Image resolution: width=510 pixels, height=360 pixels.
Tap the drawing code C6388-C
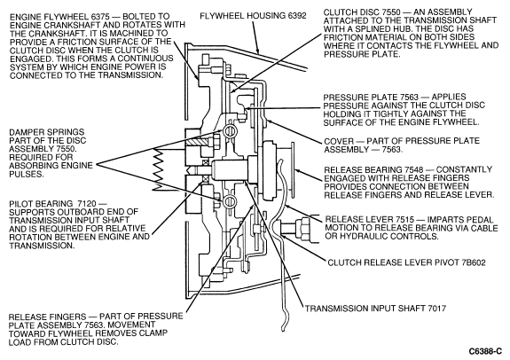pyautogui.click(x=485, y=351)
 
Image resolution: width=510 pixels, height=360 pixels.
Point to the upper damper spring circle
pyautogui.click(x=230, y=130)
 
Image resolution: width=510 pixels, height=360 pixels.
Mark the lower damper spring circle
pyautogui.click(x=230, y=200)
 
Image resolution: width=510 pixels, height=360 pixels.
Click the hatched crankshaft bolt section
pyautogui.click(x=198, y=142)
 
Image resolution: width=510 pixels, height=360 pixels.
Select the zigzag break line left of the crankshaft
pyautogui.click(x=159, y=168)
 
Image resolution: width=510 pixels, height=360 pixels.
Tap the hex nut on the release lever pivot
pyautogui.click(x=302, y=226)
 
